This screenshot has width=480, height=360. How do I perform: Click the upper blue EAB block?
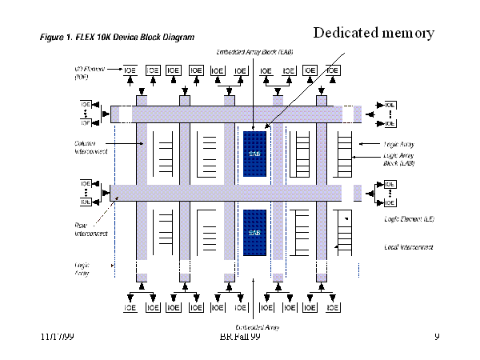pyautogui.click(x=254, y=152)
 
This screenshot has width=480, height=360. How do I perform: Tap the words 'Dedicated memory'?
pyautogui.click(x=374, y=33)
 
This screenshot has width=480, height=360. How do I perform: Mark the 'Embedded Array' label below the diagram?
pyautogui.click(x=256, y=326)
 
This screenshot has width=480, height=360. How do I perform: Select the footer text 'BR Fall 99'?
pyautogui.click(x=240, y=338)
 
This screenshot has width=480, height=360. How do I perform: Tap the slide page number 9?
pyautogui.click(x=437, y=338)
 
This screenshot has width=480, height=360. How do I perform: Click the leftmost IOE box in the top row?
pyautogui.click(x=130, y=70)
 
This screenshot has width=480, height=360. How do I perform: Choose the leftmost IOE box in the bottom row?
pyautogui.click(x=130, y=307)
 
